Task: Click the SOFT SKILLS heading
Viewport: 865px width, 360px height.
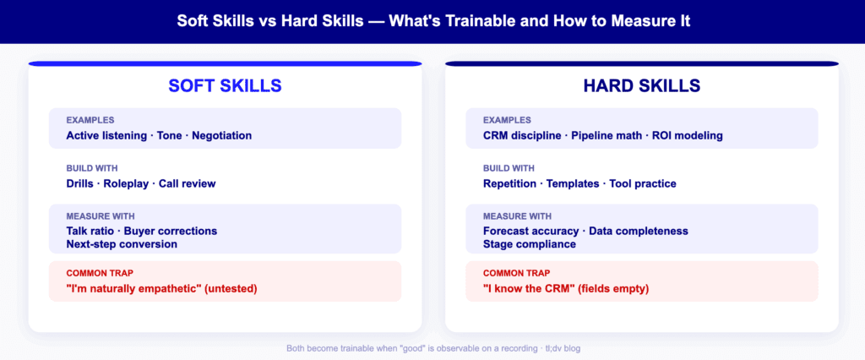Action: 225,86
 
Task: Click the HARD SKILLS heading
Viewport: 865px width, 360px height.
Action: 641,86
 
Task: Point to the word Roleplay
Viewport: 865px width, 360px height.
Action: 126,183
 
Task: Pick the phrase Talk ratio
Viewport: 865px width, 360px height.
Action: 92,231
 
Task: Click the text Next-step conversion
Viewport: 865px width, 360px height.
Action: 121,244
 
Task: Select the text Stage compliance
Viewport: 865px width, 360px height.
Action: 529,244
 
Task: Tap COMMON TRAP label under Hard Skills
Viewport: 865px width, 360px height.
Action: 515,274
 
